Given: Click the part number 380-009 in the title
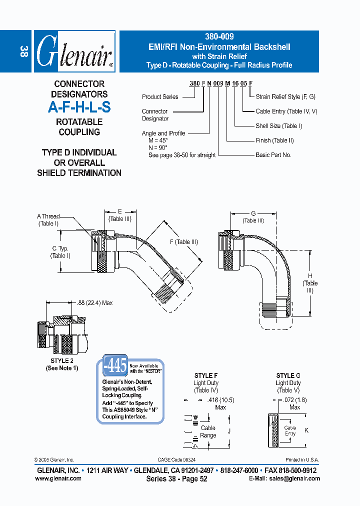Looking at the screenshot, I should (x=219, y=36).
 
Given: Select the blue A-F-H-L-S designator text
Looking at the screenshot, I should (x=79, y=106).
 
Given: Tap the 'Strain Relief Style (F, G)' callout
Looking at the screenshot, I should (x=285, y=96).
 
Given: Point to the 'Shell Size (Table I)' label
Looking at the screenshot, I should (x=279, y=126).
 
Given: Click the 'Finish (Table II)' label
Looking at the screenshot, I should (x=274, y=140).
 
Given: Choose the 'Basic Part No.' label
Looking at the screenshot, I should (x=273, y=155).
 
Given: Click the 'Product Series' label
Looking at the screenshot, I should (x=159, y=97).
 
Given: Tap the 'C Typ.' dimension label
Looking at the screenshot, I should (x=60, y=248).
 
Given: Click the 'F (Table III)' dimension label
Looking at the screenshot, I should (x=183, y=242).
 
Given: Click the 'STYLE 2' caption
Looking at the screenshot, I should (x=61, y=360).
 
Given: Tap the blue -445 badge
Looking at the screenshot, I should (x=115, y=366).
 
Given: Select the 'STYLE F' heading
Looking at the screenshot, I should (x=205, y=375).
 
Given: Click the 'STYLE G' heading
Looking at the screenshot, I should (x=288, y=375).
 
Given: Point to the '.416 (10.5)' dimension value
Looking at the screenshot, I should (x=220, y=400).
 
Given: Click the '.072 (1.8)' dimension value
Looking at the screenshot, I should (x=295, y=400).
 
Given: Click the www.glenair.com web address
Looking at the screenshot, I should (x=58, y=478).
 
